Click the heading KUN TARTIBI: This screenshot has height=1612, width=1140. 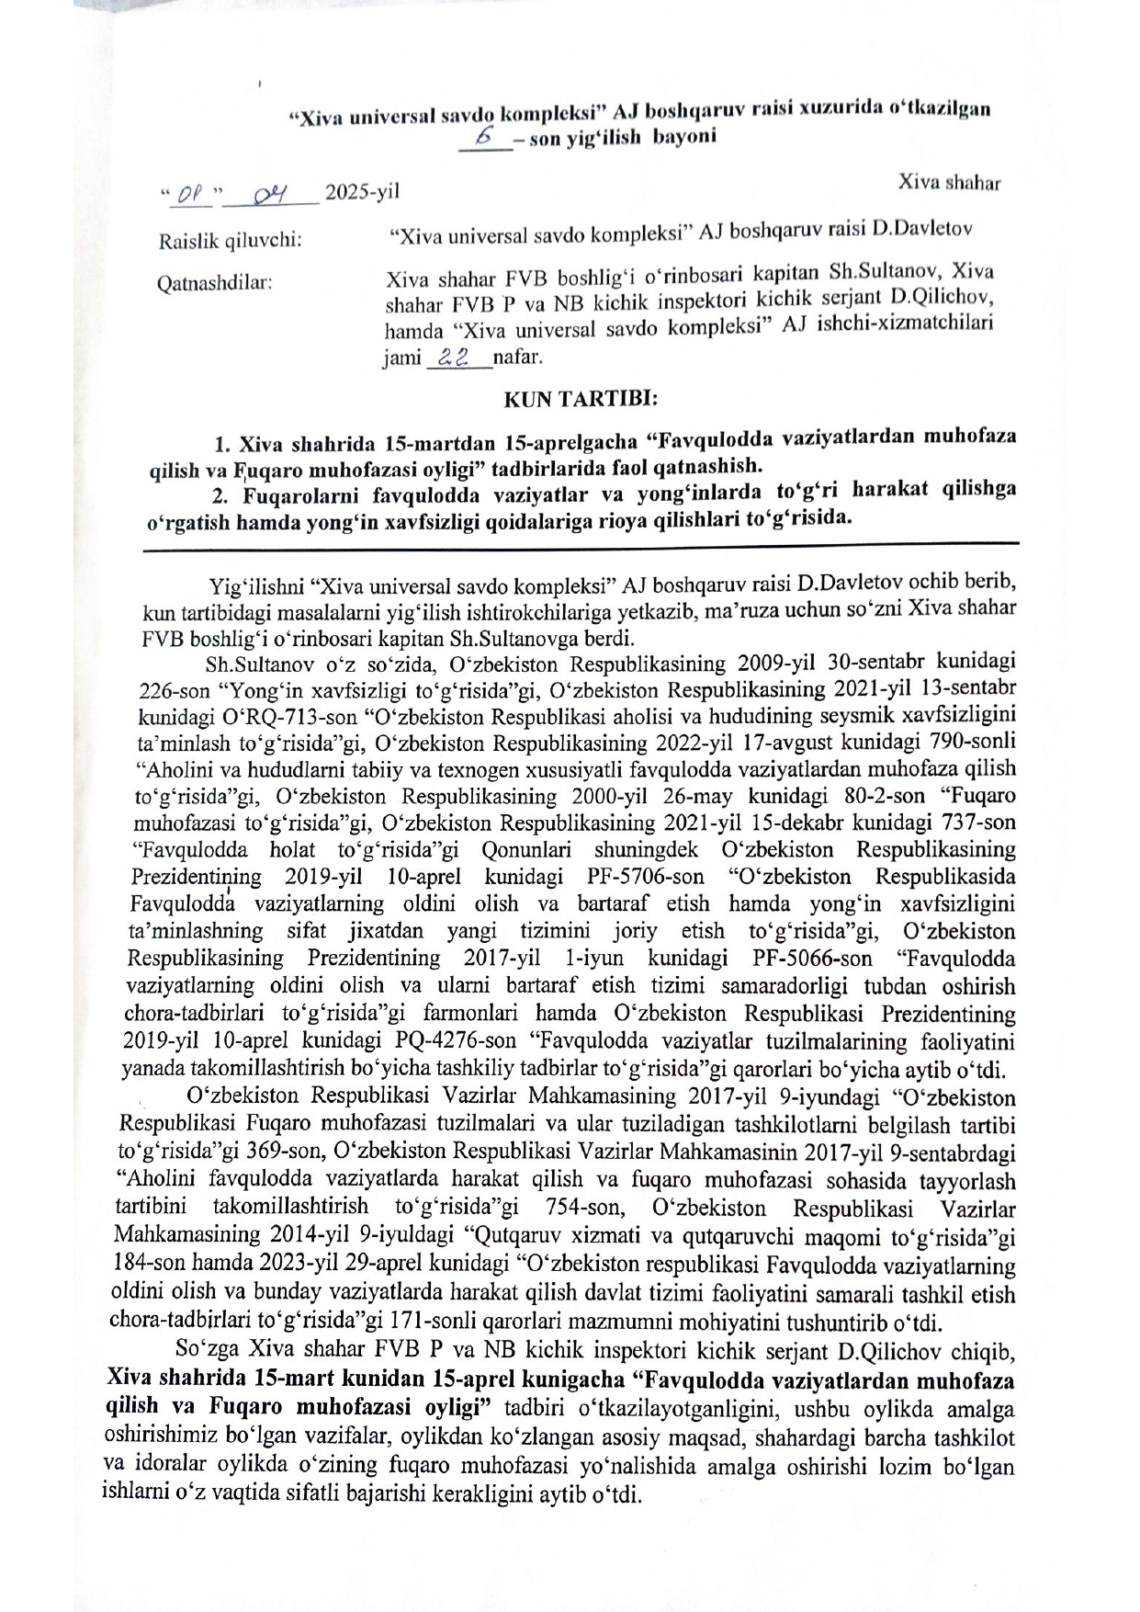point(580,401)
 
